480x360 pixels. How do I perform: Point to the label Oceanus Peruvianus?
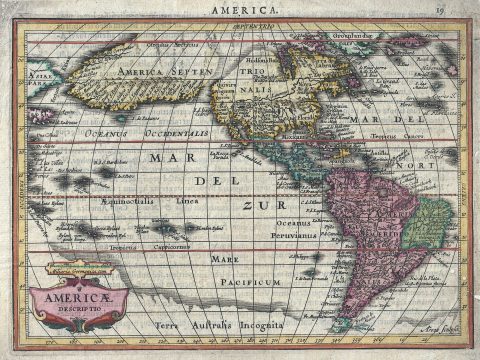click(x=296, y=229)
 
